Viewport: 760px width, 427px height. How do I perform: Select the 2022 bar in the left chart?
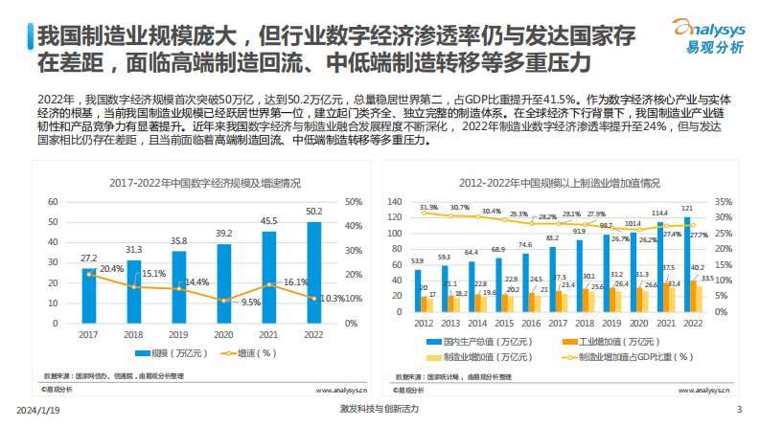point(313,272)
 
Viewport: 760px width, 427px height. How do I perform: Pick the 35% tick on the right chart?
point(723,202)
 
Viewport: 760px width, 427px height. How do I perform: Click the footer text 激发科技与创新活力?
point(379,410)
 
